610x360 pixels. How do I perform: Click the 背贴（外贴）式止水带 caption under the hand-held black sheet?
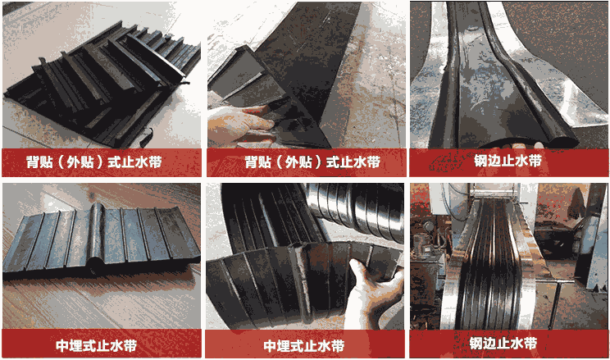click(x=312, y=162)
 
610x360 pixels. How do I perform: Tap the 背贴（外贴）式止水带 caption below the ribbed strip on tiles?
click(x=93, y=162)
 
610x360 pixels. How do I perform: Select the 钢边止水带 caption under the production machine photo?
click(x=503, y=344)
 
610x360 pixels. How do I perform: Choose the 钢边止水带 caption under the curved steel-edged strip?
click(x=508, y=161)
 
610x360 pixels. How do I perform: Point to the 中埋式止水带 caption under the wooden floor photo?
click(x=96, y=345)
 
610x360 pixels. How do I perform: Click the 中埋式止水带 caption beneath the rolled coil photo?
click(x=304, y=345)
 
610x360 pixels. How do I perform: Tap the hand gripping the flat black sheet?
click(x=239, y=125)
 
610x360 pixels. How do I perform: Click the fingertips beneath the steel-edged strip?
click(x=526, y=146)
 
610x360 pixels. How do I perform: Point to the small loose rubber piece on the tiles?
click(x=146, y=136)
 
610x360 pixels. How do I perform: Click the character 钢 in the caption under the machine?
click(x=476, y=344)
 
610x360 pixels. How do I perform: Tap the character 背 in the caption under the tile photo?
click(x=33, y=162)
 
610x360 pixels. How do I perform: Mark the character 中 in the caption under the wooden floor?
click(x=62, y=345)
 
